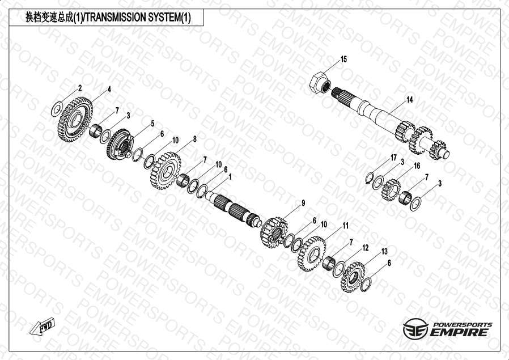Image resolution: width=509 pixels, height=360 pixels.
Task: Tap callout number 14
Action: (410, 100)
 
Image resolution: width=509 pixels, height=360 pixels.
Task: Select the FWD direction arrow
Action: (42, 326)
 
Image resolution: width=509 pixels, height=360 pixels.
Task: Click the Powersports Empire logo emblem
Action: (415, 329)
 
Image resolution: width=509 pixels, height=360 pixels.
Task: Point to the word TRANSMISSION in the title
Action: (115, 18)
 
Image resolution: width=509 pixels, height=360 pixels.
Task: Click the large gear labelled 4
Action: (75, 120)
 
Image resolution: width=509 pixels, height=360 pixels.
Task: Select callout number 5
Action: (152, 124)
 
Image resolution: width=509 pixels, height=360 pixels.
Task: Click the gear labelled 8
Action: (166, 171)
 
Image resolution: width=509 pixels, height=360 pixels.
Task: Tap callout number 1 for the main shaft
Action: (230, 177)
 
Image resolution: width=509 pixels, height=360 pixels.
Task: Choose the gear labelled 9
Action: (274, 233)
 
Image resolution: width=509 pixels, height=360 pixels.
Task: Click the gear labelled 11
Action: (312, 254)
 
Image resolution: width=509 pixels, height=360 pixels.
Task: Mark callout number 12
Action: (366, 248)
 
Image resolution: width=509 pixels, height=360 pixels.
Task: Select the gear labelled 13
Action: (353, 278)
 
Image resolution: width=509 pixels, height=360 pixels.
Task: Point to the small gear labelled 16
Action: (391, 190)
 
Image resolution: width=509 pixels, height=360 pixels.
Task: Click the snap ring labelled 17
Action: (370, 178)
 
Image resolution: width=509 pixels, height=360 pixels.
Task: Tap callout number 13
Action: (384, 252)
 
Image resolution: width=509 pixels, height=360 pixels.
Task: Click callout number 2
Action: (80, 88)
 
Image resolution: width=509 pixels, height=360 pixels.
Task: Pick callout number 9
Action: (303, 203)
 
